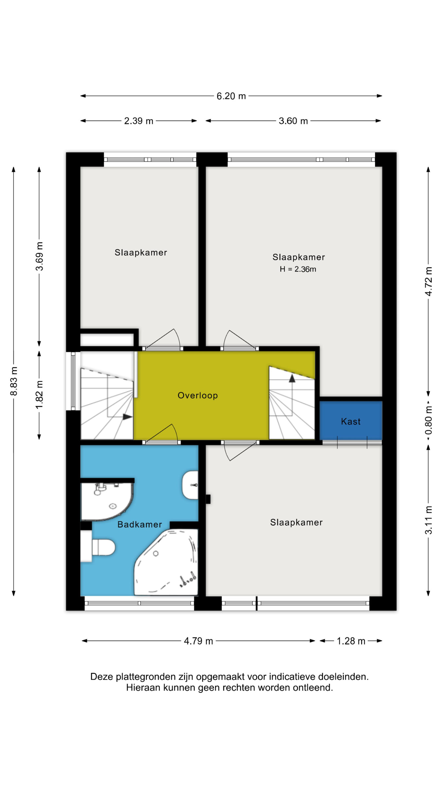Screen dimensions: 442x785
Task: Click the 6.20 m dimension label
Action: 231,96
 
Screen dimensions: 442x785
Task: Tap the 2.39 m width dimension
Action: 138,121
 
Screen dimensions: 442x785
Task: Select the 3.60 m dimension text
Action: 293,121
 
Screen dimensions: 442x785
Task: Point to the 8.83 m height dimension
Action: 13,381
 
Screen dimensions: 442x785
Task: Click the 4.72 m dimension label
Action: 428,281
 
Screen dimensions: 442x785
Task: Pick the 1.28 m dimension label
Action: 351,641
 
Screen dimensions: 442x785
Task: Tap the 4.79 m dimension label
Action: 198,641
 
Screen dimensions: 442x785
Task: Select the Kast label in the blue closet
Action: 351,421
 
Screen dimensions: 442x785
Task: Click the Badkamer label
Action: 139,524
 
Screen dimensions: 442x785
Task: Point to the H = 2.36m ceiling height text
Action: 298,269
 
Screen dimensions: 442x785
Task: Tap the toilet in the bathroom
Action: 98,547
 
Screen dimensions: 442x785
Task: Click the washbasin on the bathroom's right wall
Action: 190,485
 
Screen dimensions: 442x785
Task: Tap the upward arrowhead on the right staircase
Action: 292,378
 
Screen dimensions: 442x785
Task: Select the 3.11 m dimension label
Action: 428,520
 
